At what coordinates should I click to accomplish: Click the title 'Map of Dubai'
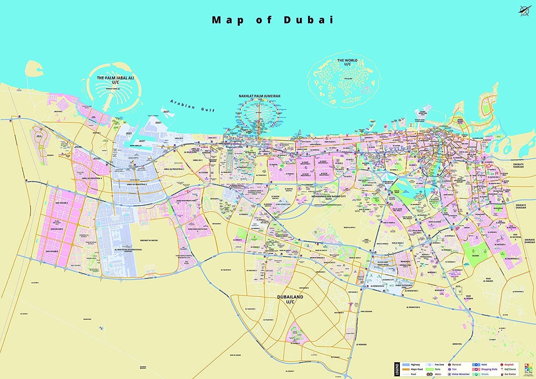click(x=273, y=20)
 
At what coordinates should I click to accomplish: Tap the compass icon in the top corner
click(x=525, y=11)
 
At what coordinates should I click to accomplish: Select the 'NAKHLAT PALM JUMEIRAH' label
click(x=259, y=96)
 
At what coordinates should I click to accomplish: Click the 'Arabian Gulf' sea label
click(x=193, y=105)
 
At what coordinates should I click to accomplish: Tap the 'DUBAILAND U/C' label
click(x=290, y=299)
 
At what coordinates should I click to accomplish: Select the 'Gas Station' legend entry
click(x=510, y=374)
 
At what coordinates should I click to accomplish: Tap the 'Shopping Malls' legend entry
click(x=489, y=369)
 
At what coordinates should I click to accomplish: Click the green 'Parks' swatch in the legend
click(x=429, y=369)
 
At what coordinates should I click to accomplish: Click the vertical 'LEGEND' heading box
click(x=397, y=369)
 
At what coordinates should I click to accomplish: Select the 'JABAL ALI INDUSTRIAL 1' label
click(x=174, y=169)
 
